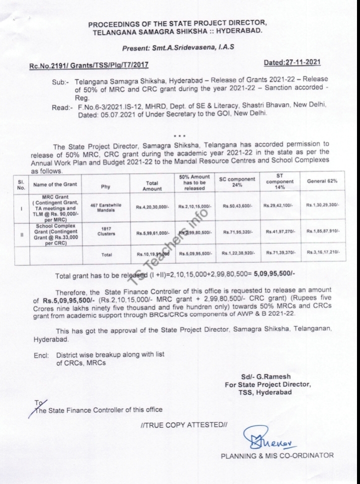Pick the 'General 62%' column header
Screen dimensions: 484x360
[323, 181]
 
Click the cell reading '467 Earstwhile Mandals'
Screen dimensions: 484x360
[106, 205]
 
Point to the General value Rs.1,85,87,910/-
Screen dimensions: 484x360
[323, 232]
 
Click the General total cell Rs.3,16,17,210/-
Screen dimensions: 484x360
[323, 254]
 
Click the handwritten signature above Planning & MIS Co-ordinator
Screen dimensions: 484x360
[263, 440]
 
